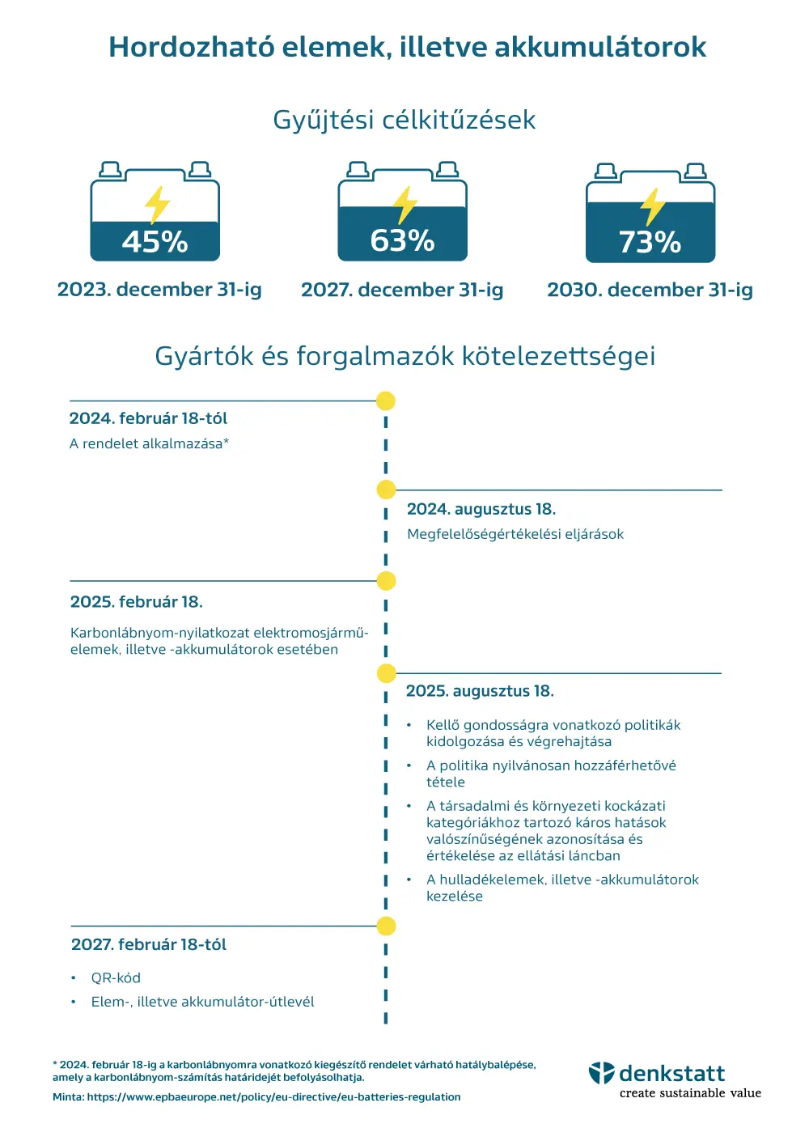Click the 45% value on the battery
pos(155,242)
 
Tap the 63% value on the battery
pos(402,240)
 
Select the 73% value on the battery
pos(650,242)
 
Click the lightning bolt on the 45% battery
pos(157,205)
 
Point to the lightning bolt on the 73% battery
pos(652,207)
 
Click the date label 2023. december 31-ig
pos(159,290)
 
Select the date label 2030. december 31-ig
pos(650,290)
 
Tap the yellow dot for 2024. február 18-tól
pos(386,401)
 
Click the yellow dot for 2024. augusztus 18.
pos(386,490)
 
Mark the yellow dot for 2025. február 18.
pos(386,581)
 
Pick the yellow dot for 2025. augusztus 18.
pos(386,673)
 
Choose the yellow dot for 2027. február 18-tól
pos(386,926)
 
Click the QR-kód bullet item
pos(116,978)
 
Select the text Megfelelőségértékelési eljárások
pos(515,534)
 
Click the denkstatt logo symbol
pos(602,1073)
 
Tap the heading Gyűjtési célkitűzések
pos(404,121)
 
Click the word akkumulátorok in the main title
pos(600,47)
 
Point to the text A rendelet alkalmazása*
pos(149,443)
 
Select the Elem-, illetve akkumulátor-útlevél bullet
pos(202,1002)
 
